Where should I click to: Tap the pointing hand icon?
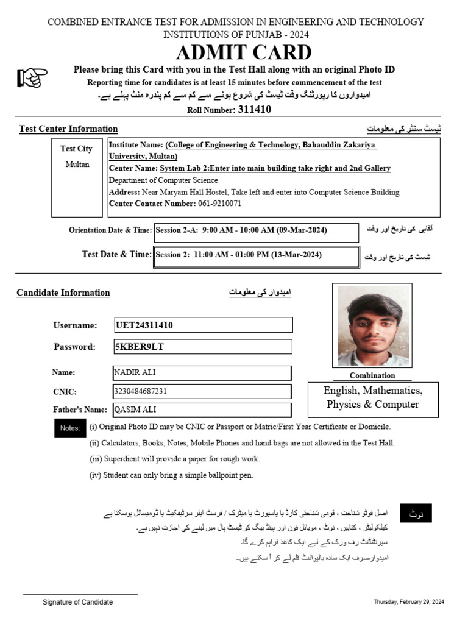[32, 77]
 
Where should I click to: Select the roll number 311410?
[254, 110]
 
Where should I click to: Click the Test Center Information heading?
[68, 129]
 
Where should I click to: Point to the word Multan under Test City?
[77, 164]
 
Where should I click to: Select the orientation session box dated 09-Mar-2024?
[256, 232]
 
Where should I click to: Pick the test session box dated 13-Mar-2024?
[256, 256]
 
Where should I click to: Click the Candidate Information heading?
[63, 292]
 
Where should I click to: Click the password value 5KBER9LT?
[140, 347]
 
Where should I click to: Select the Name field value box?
[202, 372]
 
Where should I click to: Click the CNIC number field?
[202, 391]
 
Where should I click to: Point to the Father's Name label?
[80, 409]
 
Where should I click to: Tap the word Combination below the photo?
[372, 375]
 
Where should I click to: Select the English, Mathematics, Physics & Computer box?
[372, 398]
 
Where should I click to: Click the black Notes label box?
[69, 428]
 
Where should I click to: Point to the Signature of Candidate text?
[77, 602]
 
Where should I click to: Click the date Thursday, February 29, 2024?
[409, 602]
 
